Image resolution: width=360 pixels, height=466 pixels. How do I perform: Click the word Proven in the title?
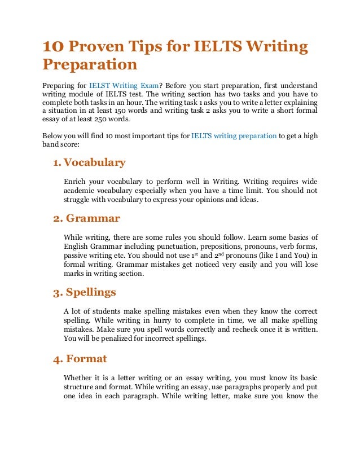93,47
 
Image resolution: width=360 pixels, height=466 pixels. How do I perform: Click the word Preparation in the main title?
90,66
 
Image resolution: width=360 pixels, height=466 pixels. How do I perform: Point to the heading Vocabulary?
94,162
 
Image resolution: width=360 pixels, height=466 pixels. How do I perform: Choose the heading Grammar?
93,217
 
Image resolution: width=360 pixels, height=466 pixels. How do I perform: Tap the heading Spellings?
91,292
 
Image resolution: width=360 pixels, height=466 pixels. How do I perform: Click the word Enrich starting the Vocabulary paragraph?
74,181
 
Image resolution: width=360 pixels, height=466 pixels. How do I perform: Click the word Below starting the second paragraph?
53,135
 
